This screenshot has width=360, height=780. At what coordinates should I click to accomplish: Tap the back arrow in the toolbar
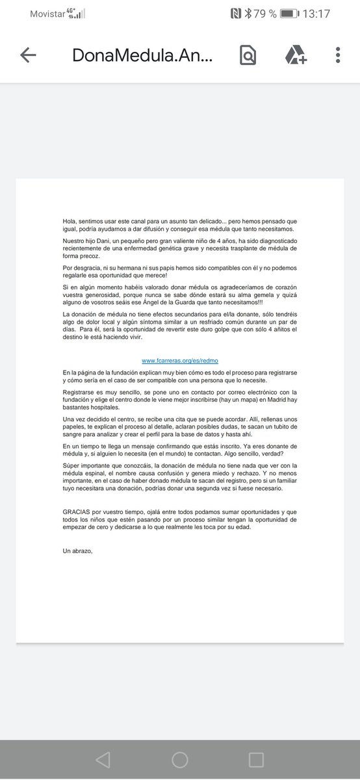point(28,55)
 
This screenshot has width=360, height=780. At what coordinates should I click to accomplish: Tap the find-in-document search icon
point(248,55)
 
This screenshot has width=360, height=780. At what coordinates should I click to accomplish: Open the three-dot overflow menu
point(338,55)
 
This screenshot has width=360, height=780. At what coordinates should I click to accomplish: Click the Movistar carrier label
point(48,14)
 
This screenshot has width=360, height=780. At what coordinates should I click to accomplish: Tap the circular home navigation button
point(180,760)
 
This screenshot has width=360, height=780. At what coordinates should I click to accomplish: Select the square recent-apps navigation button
point(257,760)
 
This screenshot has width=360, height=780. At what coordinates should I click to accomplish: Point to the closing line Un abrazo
point(78,551)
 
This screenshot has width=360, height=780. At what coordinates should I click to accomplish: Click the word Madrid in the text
point(286,402)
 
